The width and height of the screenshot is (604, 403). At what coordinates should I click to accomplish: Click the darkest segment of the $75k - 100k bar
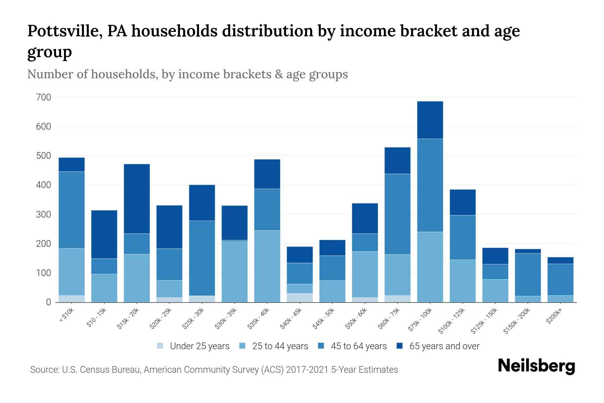coord(430,120)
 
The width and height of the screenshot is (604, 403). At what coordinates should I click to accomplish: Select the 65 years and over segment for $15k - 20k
coord(137,198)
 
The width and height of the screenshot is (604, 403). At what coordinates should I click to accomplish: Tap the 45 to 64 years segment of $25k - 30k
coord(202,258)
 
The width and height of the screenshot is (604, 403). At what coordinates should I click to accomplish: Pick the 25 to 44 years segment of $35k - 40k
coord(267,266)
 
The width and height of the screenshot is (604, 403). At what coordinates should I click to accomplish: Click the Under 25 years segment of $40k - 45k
coord(300,298)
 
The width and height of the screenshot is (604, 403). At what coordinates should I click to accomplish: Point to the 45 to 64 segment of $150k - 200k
coord(527,274)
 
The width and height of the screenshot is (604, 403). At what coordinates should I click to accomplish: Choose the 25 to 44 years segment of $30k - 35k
coord(235,271)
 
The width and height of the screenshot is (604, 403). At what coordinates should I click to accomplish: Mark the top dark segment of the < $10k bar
coord(71,165)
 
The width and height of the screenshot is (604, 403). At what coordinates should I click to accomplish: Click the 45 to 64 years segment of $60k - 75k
coord(397,214)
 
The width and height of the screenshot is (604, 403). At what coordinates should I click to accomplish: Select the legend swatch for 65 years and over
coord(400,346)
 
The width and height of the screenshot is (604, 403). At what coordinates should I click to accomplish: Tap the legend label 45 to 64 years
coord(359,346)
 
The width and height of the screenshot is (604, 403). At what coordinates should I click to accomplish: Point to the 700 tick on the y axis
coord(43,97)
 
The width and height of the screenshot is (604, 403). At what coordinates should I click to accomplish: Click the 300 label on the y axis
coord(43,215)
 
